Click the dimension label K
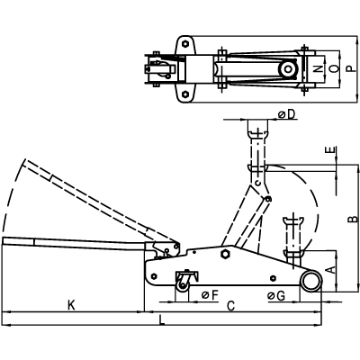[71, 305]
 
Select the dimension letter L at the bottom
[162, 319]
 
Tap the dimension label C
[230, 306]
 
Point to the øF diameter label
[210, 295]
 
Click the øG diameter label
[276, 296]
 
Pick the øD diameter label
[287, 114]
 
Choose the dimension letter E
[331, 150]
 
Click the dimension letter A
[330, 270]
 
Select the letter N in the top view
[319, 69]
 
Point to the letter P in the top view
[350, 68]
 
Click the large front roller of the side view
[311, 281]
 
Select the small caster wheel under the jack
[183, 286]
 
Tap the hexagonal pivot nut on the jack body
[225, 254]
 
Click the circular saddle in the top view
[288, 69]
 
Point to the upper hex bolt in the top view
[185, 44]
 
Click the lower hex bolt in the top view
[185, 94]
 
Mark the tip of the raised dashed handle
[25, 159]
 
